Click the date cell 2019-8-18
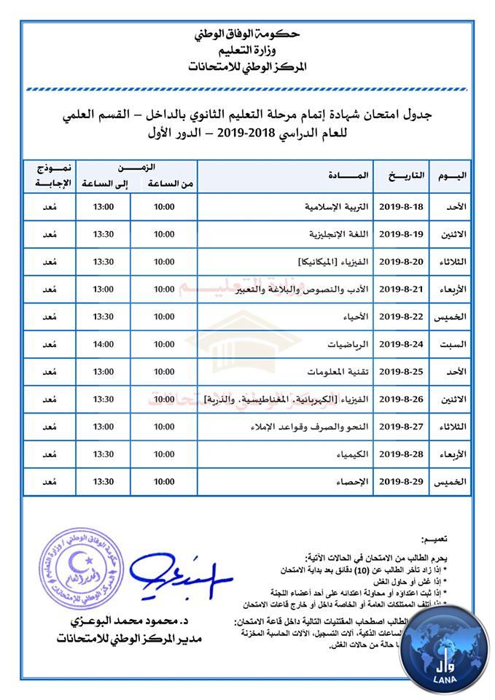(403, 207)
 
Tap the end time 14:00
(104, 344)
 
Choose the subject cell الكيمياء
(353, 454)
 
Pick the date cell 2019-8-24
(403, 344)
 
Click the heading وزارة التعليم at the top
(246, 50)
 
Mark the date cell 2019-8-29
(403, 482)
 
